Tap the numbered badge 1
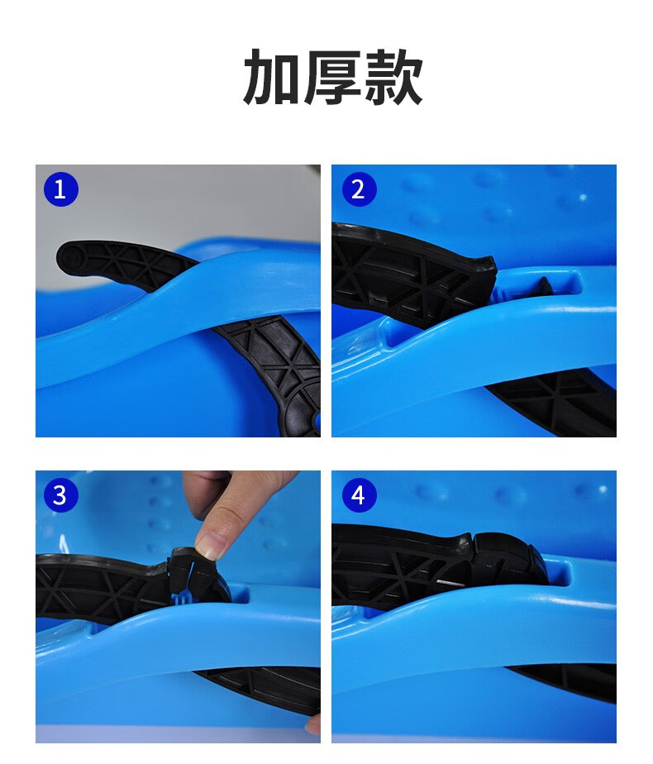pos(60,189)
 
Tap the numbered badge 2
pos(358,189)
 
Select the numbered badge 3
pos(60,495)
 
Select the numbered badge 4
pos(358,495)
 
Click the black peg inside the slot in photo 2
pos(546,285)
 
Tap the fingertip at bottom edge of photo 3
pos(313,725)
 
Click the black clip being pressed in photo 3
pos(198,579)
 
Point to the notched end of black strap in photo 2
pos(484,272)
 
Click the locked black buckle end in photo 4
pos(521,562)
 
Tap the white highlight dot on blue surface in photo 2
pos(583,198)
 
